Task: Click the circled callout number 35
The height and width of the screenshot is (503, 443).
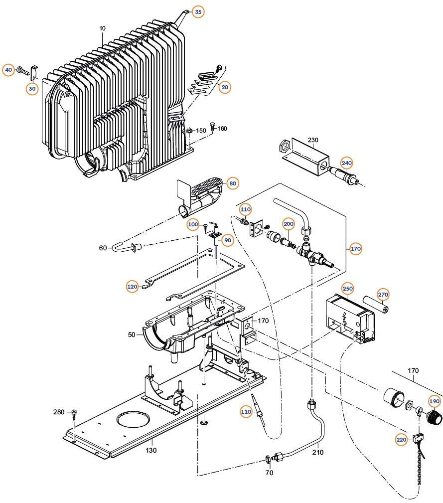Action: (198, 11)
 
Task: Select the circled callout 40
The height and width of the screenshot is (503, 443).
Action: (8, 70)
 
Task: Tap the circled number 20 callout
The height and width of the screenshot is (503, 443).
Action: (225, 87)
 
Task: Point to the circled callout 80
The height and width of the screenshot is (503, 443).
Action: (232, 183)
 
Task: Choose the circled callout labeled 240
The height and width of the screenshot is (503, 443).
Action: (346, 163)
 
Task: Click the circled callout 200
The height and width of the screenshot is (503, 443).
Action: (289, 224)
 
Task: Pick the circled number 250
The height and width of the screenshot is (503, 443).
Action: (347, 289)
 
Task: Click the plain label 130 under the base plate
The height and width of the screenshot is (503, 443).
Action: (151, 450)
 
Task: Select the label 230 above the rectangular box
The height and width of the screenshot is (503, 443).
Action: (312, 140)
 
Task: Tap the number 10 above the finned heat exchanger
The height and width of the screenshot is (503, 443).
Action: (102, 28)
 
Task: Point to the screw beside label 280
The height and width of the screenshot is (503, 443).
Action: (74, 413)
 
